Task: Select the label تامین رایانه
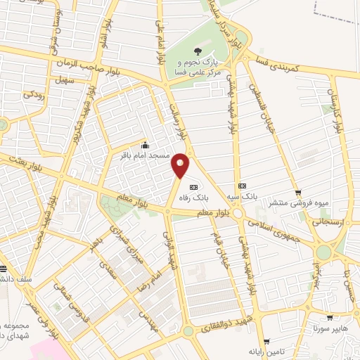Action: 263,350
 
